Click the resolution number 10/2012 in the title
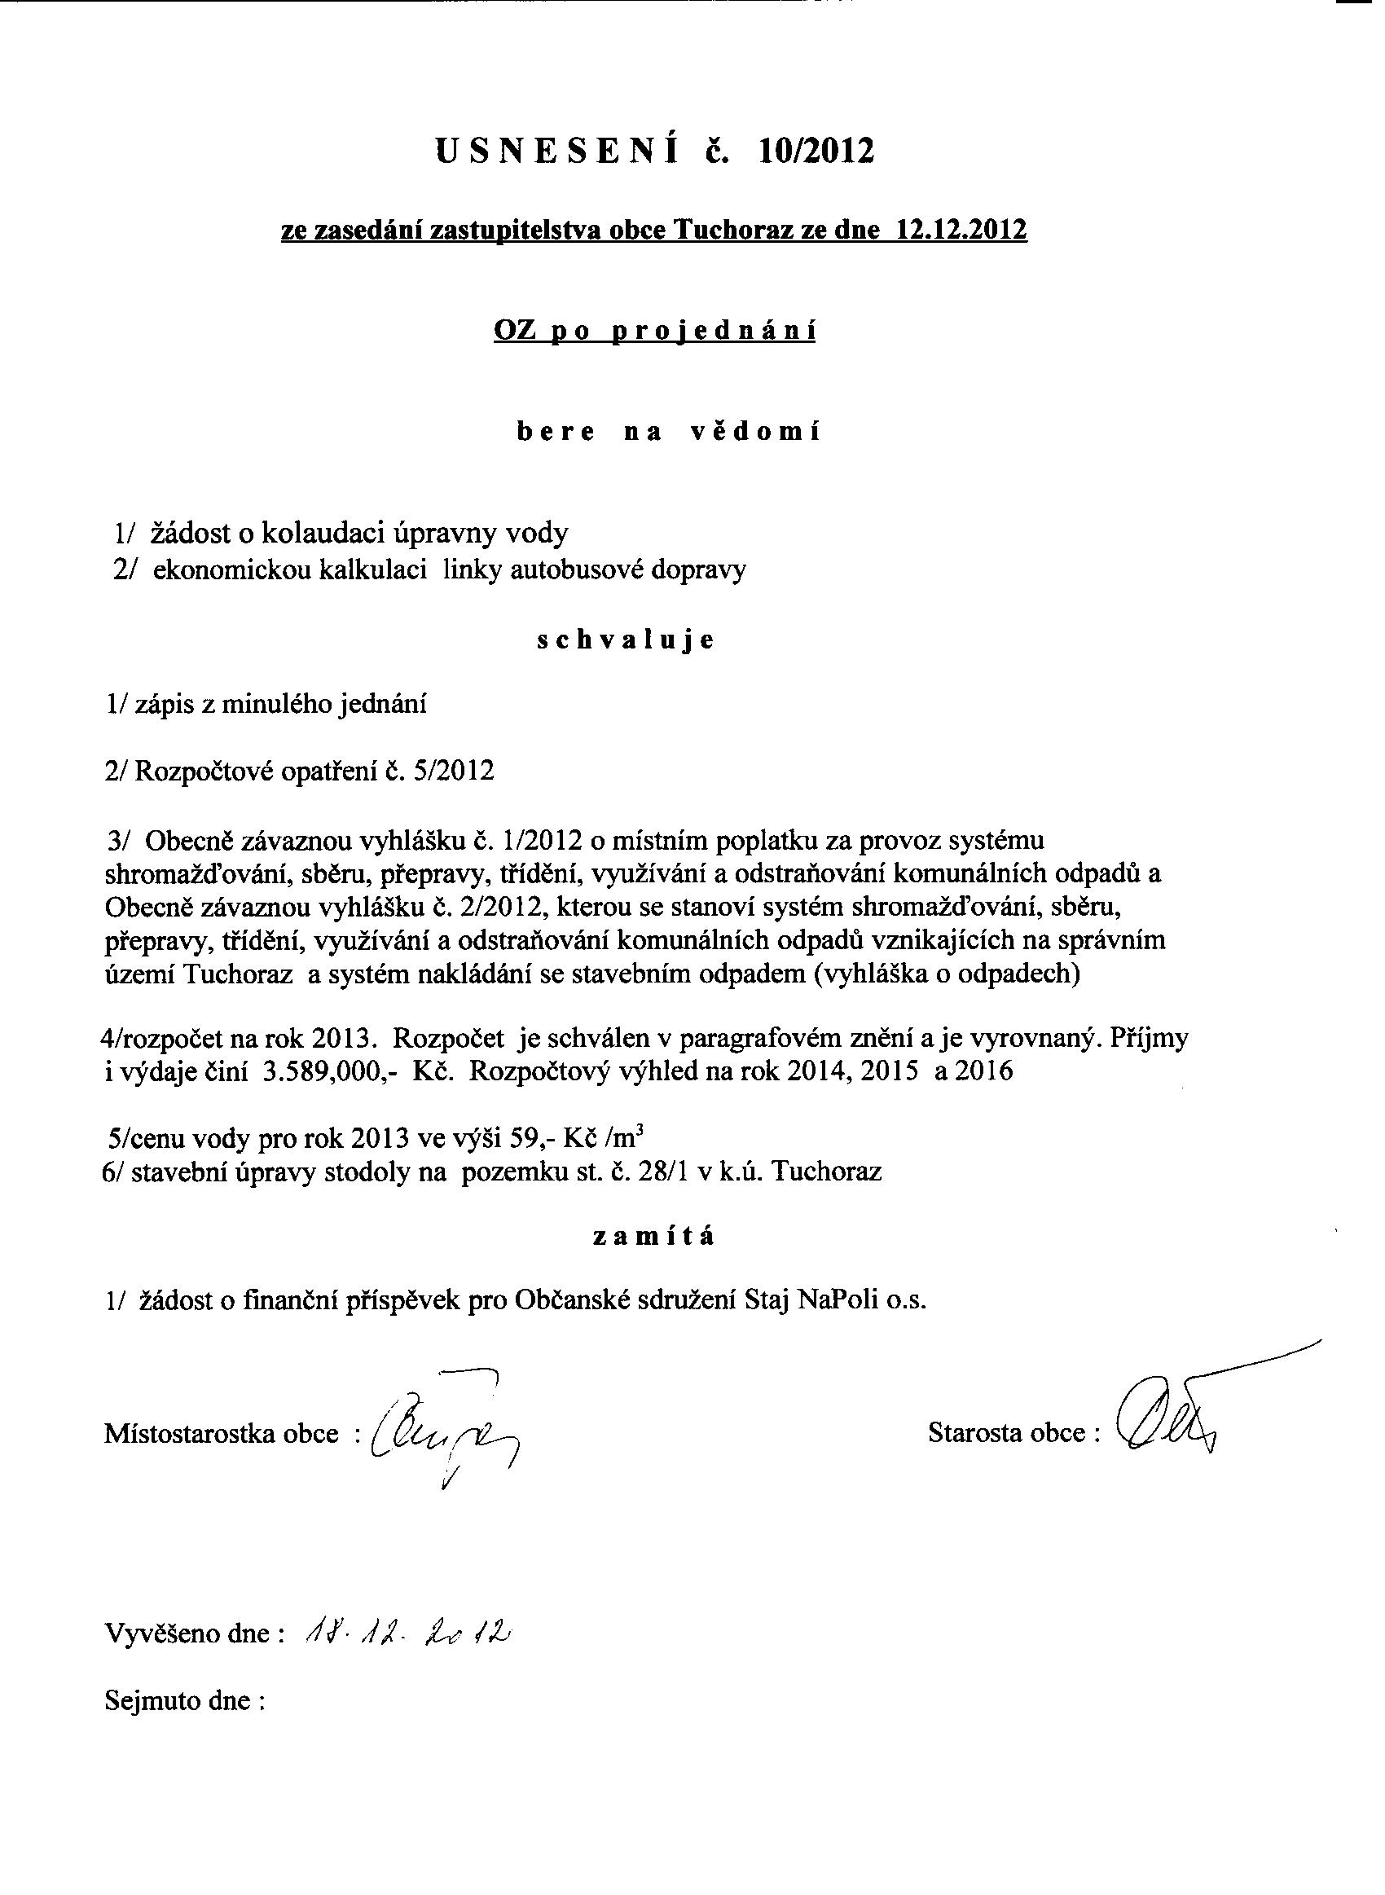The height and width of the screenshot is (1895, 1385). tap(815, 151)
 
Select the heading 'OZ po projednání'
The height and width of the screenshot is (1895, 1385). tap(655, 331)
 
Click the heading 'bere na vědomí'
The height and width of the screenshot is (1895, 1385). tap(668, 433)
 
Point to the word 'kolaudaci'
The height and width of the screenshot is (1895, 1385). tap(323, 533)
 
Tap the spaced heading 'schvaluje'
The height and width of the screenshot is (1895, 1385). tap(626, 640)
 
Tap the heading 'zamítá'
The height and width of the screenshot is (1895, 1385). tap(654, 1237)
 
